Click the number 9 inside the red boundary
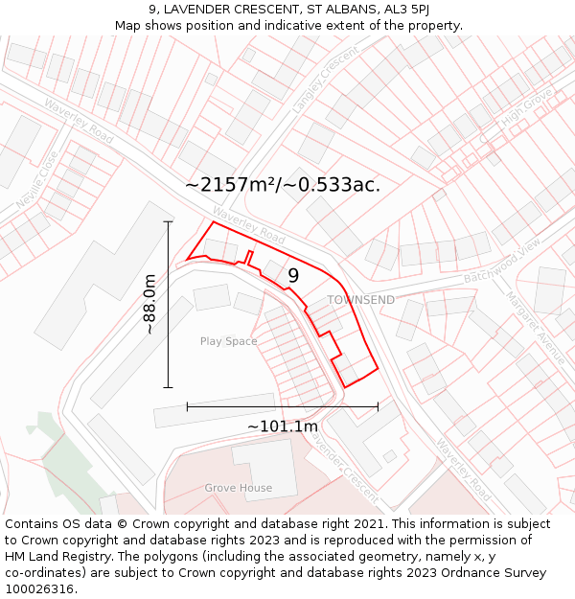point(293,276)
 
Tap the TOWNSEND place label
point(360,300)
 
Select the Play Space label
point(228,341)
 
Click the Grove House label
point(238,488)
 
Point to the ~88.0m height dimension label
point(149,305)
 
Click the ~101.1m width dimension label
point(283,426)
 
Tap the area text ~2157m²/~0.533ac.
point(283,185)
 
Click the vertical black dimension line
point(168,305)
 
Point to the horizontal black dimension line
point(283,406)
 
